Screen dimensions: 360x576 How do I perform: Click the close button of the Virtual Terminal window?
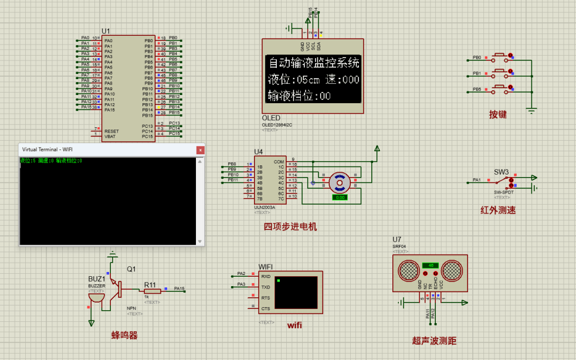[x=200, y=150]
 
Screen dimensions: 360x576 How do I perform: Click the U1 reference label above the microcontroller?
[x=106, y=30]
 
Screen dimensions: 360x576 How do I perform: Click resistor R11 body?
[x=152, y=291]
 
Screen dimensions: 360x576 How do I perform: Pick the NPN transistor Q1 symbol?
[x=120, y=288]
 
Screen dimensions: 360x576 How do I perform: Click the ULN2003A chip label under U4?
[x=265, y=206]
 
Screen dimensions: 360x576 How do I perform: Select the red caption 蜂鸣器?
[x=124, y=335]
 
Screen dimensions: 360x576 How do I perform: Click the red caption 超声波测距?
[x=434, y=341]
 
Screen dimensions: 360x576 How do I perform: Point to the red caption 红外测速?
[x=498, y=210]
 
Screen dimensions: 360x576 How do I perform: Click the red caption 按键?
[x=498, y=115]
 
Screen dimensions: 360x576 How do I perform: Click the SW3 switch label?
[x=501, y=172]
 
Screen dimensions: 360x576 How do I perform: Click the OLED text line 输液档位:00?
[x=299, y=96]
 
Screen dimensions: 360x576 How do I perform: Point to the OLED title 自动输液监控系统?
[x=313, y=63]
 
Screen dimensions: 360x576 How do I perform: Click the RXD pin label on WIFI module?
[x=266, y=276]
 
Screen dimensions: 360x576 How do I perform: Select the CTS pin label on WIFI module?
[x=266, y=308]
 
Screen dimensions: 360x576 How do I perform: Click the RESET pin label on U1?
[x=111, y=131]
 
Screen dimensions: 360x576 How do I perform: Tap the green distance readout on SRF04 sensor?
[x=431, y=266]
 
